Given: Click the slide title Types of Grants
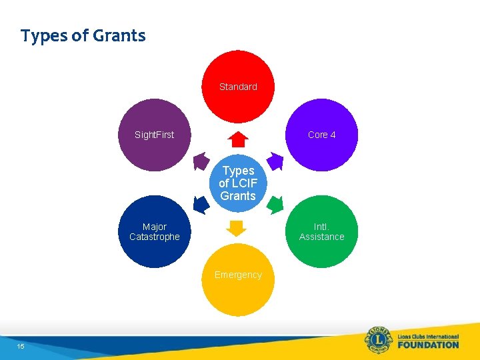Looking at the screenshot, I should [83, 35].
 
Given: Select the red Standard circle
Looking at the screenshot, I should [238, 87].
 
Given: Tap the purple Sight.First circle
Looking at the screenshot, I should [154, 135].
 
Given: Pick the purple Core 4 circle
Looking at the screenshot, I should [322, 135].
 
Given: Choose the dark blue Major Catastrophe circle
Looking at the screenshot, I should [154, 232].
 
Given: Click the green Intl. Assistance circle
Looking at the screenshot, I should [322, 232].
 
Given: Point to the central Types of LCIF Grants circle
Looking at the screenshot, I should [238, 183].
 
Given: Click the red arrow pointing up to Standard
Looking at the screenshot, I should [238, 139].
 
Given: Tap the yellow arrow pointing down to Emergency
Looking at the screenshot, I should [237, 227].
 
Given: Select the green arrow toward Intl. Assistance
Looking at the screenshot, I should [274, 204].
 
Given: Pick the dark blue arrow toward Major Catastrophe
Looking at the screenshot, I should [201, 204].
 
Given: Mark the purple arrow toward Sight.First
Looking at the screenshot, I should [201, 162].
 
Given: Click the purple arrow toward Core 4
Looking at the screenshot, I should [275, 162].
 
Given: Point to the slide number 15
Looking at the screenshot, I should [21, 346].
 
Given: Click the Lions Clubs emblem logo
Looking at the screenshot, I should [379, 341].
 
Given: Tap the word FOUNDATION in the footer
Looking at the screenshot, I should [428, 345].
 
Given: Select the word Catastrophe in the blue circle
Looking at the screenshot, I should [154, 237].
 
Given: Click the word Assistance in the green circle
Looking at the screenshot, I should [322, 237].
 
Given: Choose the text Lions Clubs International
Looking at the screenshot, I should [428, 335].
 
